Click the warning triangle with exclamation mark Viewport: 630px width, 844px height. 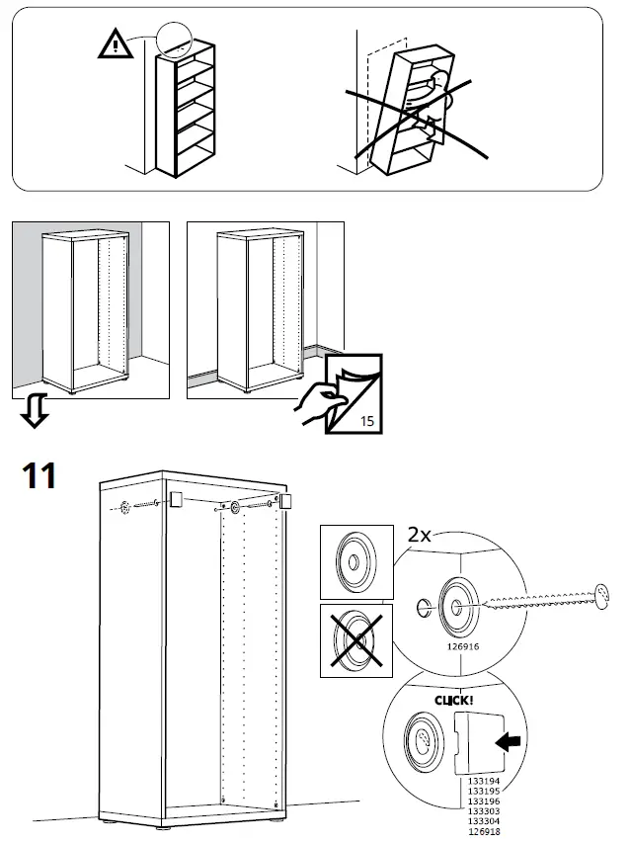tap(117, 43)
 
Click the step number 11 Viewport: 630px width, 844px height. tap(40, 476)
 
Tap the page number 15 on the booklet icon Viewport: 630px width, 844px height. tap(366, 421)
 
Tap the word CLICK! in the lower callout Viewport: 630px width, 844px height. tap(453, 701)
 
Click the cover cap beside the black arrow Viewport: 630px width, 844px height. tap(472, 743)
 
